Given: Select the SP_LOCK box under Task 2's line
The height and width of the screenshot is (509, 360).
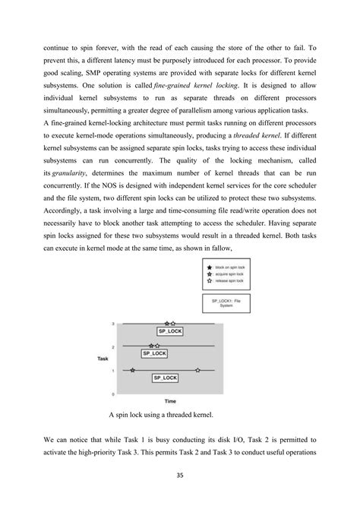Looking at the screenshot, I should tap(154, 353).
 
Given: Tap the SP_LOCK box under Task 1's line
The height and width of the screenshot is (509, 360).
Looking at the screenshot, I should tap(165, 378).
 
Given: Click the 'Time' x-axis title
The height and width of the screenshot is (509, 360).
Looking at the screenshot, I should tap(170, 400).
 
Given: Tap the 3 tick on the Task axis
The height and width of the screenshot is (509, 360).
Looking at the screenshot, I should tap(113, 324).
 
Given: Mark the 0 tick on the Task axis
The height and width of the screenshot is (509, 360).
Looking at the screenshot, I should tap(113, 394).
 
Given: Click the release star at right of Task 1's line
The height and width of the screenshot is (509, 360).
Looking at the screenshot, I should tap(197, 370).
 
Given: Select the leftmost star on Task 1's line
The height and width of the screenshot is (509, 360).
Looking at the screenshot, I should tap(134, 370).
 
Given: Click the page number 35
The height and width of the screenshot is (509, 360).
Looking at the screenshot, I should tap(180, 476).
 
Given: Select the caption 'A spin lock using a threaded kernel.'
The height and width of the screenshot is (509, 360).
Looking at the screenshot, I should tap(162, 416).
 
